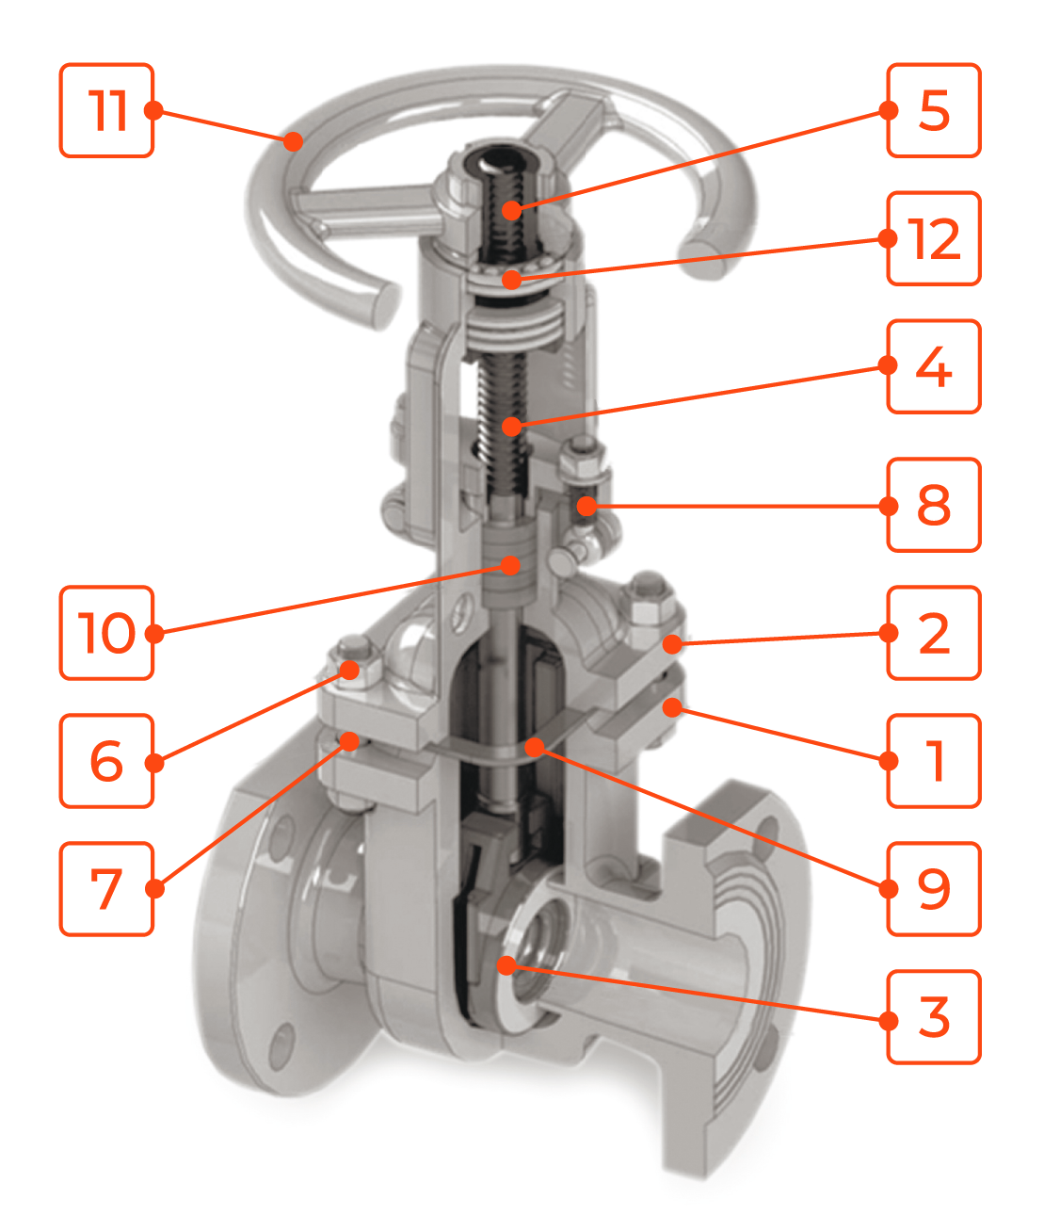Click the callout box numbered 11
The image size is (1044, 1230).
point(106,111)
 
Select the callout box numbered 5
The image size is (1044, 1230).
point(933,111)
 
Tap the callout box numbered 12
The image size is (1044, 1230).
point(933,238)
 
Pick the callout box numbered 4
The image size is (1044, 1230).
point(933,366)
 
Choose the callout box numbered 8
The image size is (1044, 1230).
point(933,505)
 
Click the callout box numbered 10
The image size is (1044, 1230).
point(106,633)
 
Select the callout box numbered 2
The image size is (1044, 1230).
point(933,633)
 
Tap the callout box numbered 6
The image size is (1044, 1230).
point(106,760)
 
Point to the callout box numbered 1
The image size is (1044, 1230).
point(933,760)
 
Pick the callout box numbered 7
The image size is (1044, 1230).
point(106,888)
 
